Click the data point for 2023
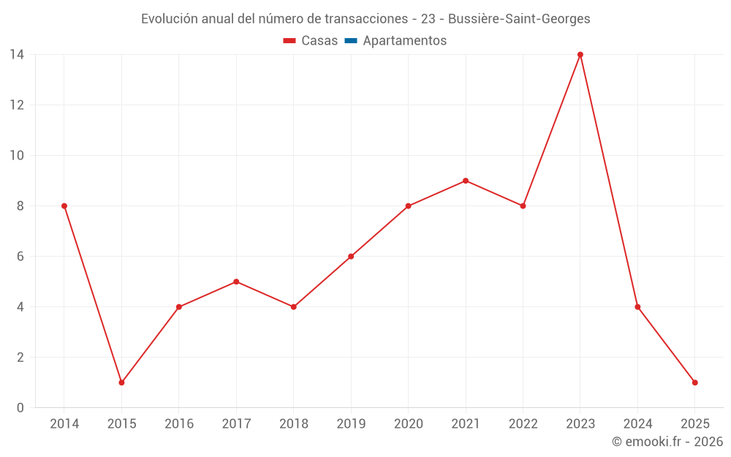tap(580, 55)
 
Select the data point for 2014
tap(64, 206)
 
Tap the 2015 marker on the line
tap(121, 382)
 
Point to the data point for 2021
tap(466, 181)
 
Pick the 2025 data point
tap(695, 382)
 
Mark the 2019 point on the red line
tap(351, 257)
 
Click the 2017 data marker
tap(236, 282)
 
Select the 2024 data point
tap(637, 307)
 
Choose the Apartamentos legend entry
tap(404, 41)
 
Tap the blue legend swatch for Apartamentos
tap(351, 41)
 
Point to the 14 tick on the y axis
tap(17, 55)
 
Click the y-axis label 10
tap(17, 156)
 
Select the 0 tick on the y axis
tap(20, 408)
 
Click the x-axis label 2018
tap(293, 424)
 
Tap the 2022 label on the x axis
tap(523, 424)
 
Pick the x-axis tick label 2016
tap(179, 424)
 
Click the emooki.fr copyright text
tap(667, 442)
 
